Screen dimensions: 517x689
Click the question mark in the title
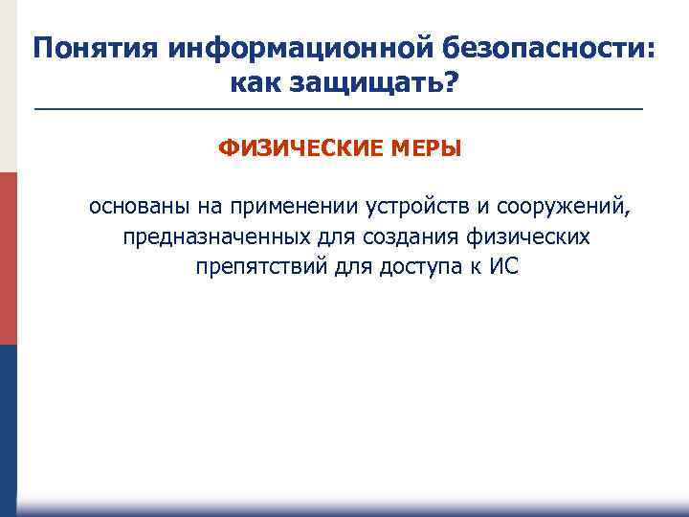pyautogui.click(x=451, y=84)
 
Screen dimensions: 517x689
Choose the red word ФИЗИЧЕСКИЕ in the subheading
pyautogui.click(x=300, y=149)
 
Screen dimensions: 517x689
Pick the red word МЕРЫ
pyautogui.click(x=424, y=149)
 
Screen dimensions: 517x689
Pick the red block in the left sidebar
pyautogui.click(x=8, y=258)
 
